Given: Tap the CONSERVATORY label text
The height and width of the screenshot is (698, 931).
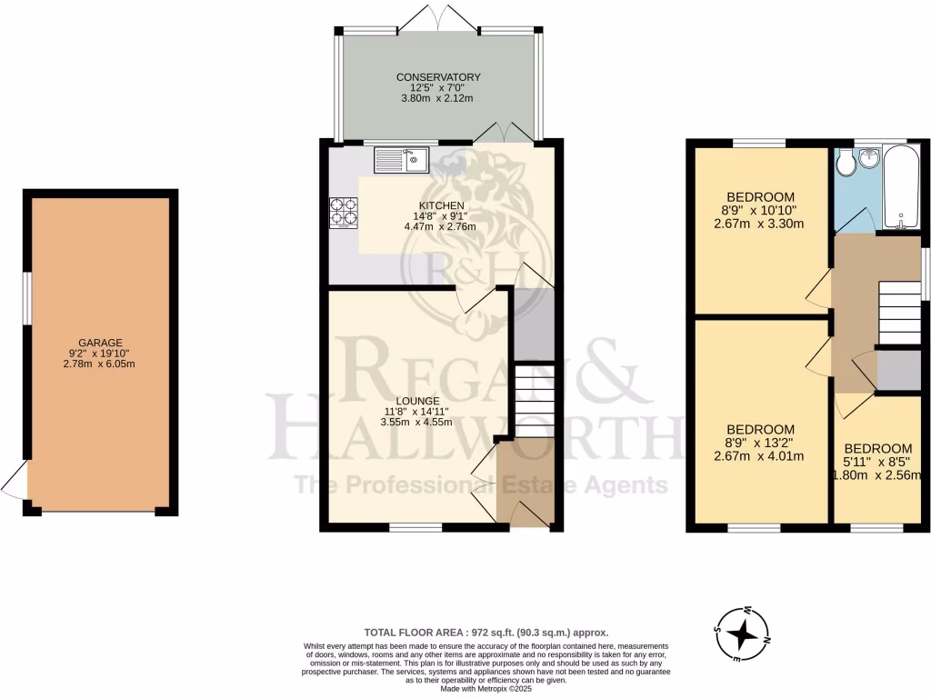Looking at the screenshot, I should [438, 77].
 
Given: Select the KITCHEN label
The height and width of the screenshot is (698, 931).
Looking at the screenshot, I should [442, 205].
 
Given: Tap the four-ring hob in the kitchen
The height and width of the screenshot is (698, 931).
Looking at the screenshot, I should [344, 212].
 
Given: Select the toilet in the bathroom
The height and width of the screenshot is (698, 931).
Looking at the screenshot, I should [845, 163].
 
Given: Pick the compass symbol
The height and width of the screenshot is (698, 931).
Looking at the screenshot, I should [743, 633].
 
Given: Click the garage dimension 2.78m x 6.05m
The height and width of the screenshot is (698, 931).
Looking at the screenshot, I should [100, 364].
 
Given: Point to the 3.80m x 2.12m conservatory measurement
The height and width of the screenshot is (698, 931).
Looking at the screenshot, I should [438, 98].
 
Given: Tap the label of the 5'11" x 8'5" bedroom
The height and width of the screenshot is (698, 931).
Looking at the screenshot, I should [877, 448].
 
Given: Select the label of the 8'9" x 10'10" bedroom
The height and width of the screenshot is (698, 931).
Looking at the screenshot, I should [761, 197].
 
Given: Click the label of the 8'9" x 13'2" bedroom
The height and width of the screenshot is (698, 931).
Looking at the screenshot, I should [761, 430].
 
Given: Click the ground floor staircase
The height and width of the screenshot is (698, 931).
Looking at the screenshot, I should [533, 400].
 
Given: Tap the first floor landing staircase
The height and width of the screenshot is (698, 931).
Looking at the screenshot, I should [899, 312].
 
